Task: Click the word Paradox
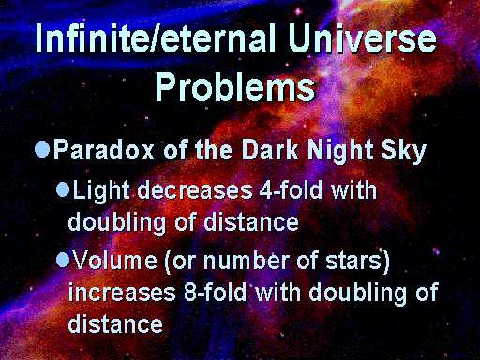coord(104,149)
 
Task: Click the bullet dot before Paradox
coord(42,149)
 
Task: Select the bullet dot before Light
coord(63,190)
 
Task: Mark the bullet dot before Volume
coord(63,261)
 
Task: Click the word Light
coord(101,191)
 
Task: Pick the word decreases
coord(194,190)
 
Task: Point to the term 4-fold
coord(291,189)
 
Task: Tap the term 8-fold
coord(215,292)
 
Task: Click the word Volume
coord(114,260)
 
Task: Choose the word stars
coord(353,261)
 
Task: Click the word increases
coord(122,292)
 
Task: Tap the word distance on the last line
coord(115,322)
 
